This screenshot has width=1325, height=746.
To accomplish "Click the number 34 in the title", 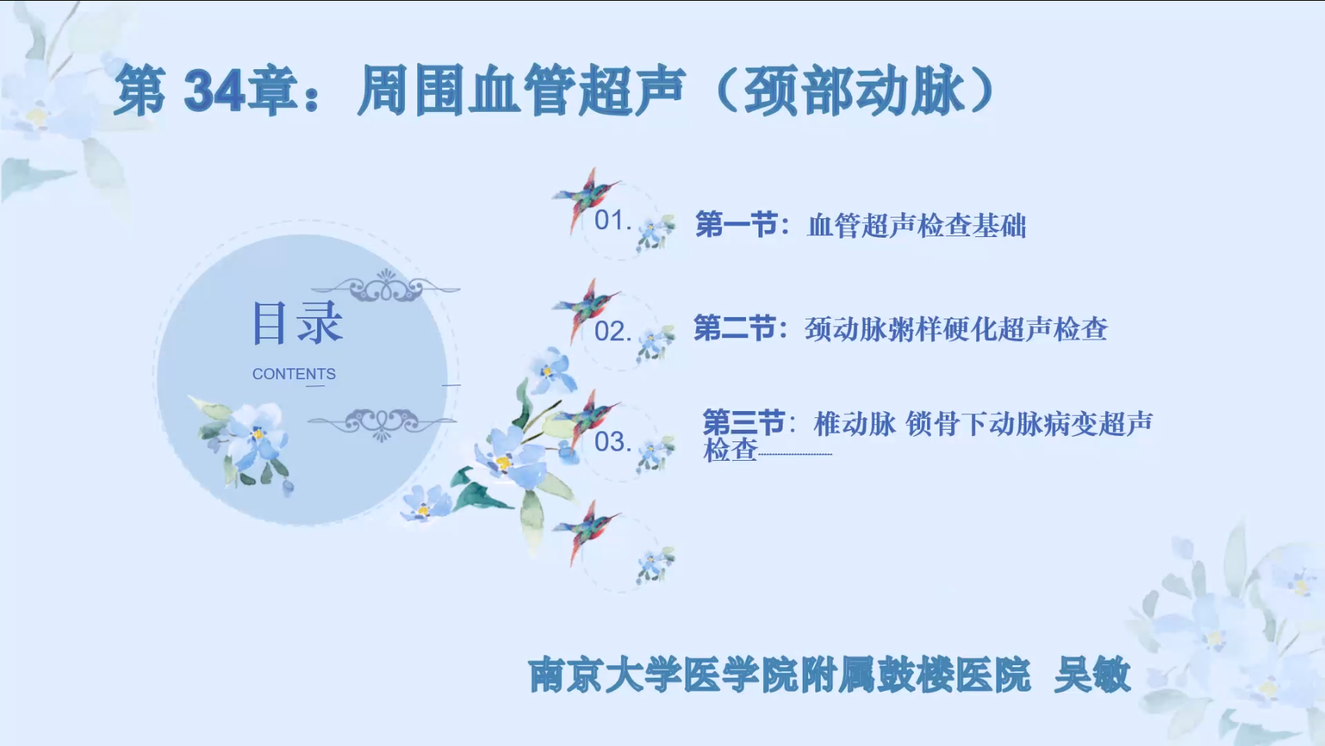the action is click(214, 90).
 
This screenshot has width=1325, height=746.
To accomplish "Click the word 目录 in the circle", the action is click(297, 322).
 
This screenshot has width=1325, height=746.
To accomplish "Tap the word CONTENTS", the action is click(294, 374).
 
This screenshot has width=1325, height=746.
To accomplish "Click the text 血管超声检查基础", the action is click(916, 225).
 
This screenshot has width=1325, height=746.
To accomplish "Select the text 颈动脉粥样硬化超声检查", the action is click(956, 329).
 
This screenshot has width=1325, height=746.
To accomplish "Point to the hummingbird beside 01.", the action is click(586, 198).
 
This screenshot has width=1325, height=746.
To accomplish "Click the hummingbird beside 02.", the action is click(586, 309).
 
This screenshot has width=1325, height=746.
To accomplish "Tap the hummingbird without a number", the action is click(586, 532).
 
